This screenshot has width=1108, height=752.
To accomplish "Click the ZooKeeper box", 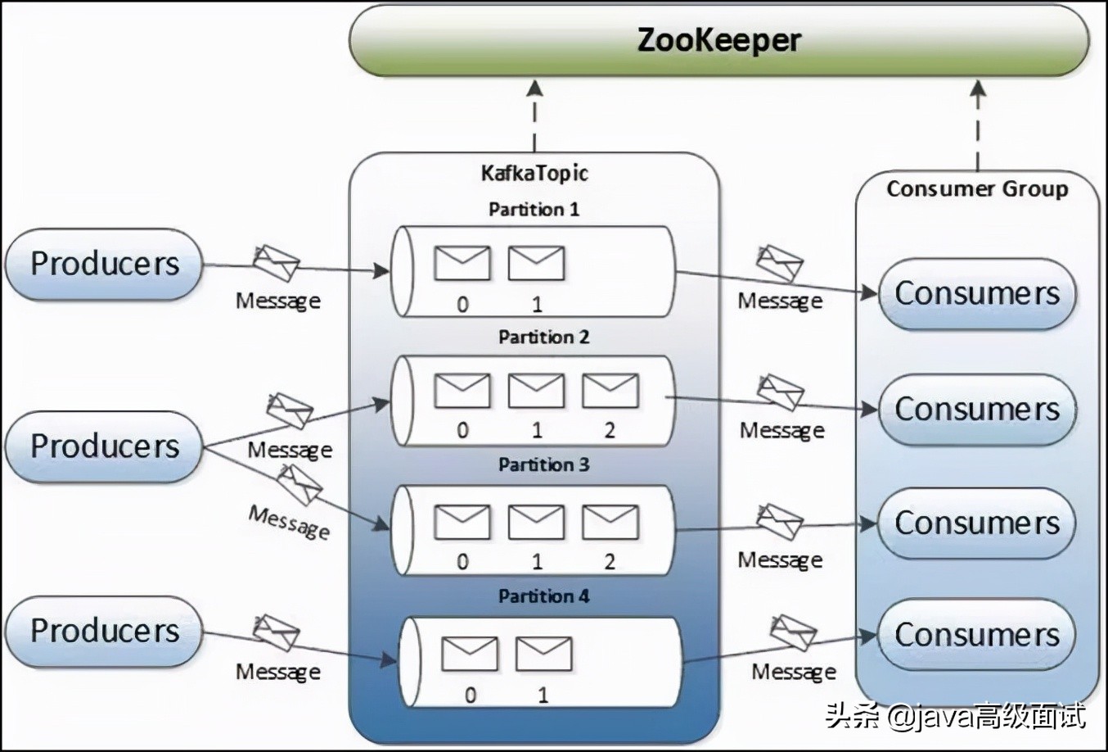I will pyautogui.click(x=718, y=40).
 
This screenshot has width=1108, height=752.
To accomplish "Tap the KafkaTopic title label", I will pyautogui.click(x=534, y=173).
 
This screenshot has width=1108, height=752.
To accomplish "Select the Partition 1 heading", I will pyautogui.click(x=534, y=209).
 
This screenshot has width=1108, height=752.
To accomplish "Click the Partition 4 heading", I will pyautogui.click(x=543, y=596).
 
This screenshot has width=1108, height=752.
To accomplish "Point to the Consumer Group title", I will pyautogui.click(x=977, y=188).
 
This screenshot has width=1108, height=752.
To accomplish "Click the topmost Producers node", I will pyautogui.click(x=104, y=264).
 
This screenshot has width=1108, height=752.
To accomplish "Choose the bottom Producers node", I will pyautogui.click(x=104, y=631).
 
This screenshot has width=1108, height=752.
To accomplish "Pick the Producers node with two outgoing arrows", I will pyautogui.click(x=104, y=446).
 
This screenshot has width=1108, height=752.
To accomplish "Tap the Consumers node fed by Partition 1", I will pyautogui.click(x=976, y=293).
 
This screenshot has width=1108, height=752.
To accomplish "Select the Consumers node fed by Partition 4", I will pyautogui.click(x=976, y=635).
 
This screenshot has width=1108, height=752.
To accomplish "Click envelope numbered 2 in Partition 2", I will pyautogui.click(x=610, y=391).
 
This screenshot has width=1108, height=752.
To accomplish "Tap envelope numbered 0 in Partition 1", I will pyautogui.click(x=462, y=263).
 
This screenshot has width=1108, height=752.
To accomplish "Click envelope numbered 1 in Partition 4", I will pyautogui.click(x=543, y=654).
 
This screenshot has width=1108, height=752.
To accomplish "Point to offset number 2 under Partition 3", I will pyautogui.click(x=610, y=562).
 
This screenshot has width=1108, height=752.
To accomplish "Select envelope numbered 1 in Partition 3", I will pyautogui.click(x=536, y=522).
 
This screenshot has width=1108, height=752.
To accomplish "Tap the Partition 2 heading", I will pyautogui.click(x=543, y=337).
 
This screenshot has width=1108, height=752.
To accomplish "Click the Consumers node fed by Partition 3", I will pyautogui.click(x=976, y=523).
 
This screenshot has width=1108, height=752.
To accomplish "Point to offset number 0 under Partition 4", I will pyautogui.click(x=470, y=695).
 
